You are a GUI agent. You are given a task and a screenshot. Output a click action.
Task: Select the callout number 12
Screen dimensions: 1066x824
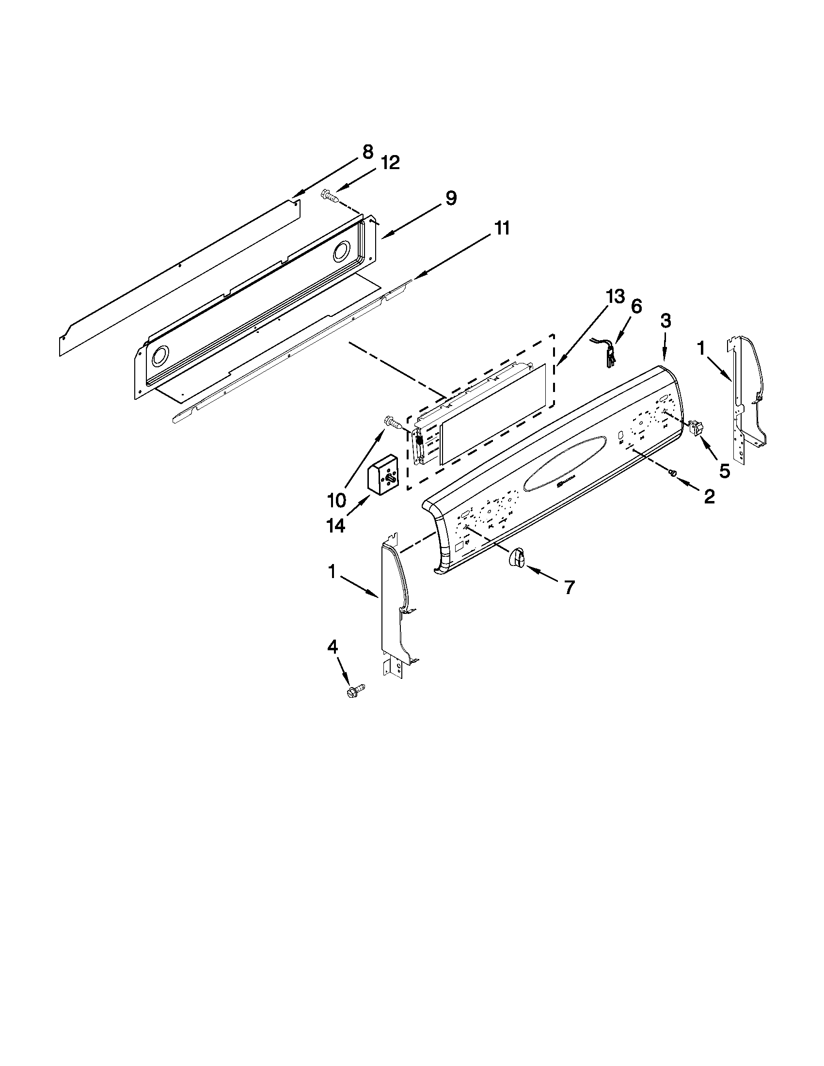coord(390,162)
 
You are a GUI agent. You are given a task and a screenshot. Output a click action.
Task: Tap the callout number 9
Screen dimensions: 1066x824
coord(450,199)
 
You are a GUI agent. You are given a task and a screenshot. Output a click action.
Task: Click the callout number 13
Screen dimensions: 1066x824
coord(615,296)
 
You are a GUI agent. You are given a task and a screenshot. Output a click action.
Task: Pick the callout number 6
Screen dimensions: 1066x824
coord(636,306)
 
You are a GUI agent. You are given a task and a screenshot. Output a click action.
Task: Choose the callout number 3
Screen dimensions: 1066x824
coord(666,321)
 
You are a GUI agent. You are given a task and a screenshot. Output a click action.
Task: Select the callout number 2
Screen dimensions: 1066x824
coord(709,496)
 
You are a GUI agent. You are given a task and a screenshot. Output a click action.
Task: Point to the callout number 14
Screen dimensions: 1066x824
coord(336,526)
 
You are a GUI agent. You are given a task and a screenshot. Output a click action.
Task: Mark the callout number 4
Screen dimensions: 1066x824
coord(332,647)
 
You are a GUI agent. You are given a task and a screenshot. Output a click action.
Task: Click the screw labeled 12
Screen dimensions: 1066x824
coord(330,196)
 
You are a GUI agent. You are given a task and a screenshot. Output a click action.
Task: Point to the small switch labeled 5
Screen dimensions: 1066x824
coord(695,428)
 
